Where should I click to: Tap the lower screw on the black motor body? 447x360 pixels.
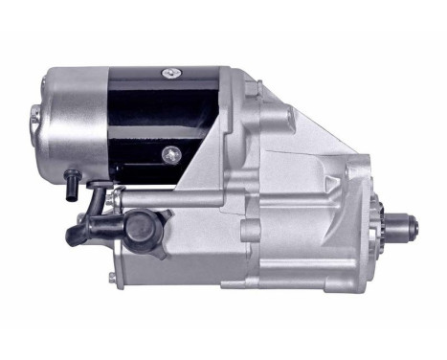pyautogui.click(x=170, y=152)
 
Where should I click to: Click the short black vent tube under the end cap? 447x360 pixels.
pyautogui.click(x=72, y=179)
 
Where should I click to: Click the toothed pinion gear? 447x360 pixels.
pyautogui.click(x=391, y=230)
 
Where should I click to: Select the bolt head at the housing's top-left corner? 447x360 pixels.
pyautogui.click(x=251, y=88)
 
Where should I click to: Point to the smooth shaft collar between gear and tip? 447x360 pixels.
pyautogui.click(x=405, y=230)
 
